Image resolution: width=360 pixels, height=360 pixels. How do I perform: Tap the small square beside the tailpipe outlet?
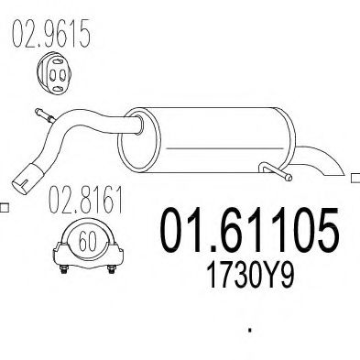[x=355, y=174]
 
